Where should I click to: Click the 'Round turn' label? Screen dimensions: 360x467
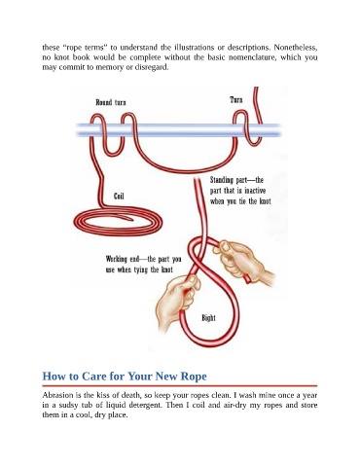(x=111, y=102)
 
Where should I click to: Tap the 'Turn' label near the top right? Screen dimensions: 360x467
(x=236, y=99)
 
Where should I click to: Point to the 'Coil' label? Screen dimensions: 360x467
(x=119, y=196)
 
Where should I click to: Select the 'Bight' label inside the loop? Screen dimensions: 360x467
(x=208, y=318)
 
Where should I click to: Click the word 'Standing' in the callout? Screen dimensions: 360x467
(x=222, y=180)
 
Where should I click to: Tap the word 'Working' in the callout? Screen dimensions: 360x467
(x=117, y=259)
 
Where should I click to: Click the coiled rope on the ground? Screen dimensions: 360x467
(x=118, y=222)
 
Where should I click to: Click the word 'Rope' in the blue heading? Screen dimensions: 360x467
(x=194, y=377)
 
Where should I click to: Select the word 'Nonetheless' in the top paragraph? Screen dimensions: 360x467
(x=296, y=48)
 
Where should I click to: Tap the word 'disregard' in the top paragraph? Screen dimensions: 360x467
(x=152, y=67)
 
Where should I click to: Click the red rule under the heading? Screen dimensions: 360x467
(x=180, y=386)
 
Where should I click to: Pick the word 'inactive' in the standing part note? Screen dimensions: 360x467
(x=255, y=191)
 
